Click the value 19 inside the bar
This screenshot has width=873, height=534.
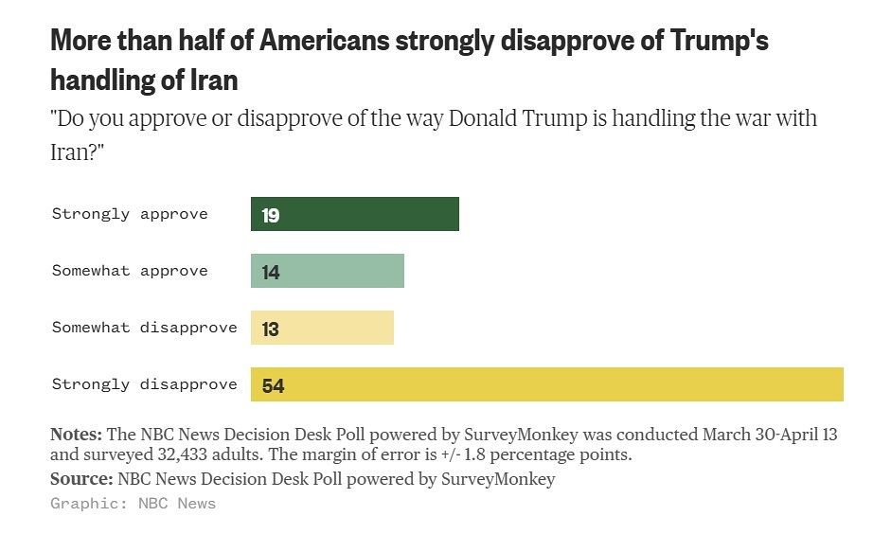coord(271,216)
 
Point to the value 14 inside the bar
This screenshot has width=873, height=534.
coord(271,273)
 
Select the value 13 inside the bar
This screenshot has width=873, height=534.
coord(271,329)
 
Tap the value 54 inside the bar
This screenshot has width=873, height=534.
coord(274,386)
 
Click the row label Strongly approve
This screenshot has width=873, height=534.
coord(129,214)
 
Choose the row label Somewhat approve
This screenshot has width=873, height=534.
coord(129,271)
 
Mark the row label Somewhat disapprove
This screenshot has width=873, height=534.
coord(144,328)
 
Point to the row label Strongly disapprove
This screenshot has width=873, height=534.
coord(144,384)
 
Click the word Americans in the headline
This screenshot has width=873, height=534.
coord(323,42)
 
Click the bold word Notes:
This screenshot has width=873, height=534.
coord(76,435)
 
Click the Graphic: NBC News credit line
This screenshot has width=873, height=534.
coord(133,504)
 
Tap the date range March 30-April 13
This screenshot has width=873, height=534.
coord(770,435)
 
